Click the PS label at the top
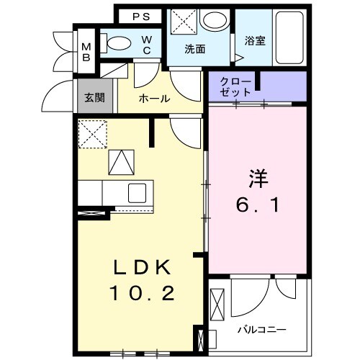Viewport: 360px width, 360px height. (x=140, y=16)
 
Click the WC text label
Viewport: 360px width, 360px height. (x=146, y=45)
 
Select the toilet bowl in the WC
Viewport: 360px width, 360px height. (x=117, y=43)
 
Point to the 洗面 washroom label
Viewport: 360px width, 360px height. (x=194, y=50)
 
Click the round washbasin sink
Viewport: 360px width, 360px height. (x=214, y=22)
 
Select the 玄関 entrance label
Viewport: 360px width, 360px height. (x=94, y=98)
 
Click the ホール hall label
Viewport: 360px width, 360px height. (x=154, y=99)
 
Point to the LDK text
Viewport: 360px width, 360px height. (x=143, y=268)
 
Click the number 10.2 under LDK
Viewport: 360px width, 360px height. (x=143, y=294)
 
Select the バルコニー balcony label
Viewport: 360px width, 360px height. (x=262, y=329)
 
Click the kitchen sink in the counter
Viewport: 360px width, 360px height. (x=138, y=193)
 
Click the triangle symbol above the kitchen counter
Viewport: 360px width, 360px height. (x=122, y=163)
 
